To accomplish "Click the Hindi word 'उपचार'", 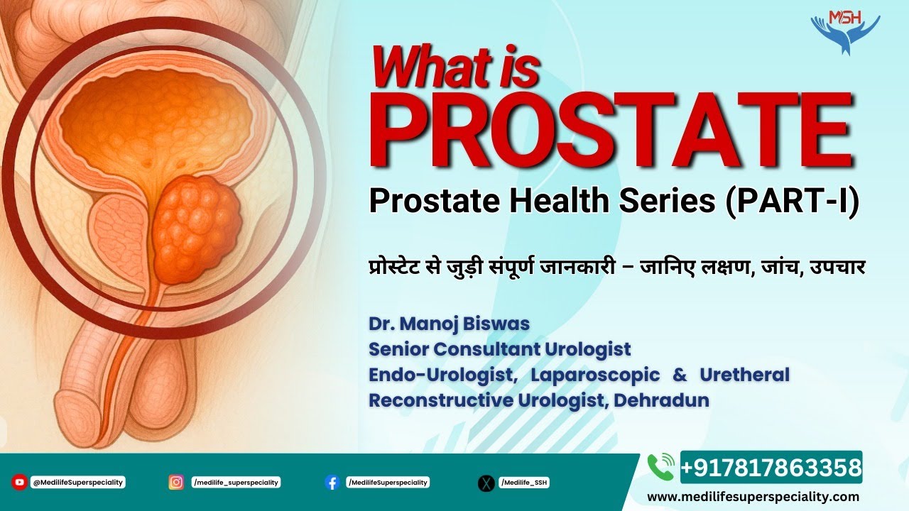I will tap(839, 270).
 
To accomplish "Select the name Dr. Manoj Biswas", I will tap(449, 324).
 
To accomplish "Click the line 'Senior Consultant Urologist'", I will tap(499, 349).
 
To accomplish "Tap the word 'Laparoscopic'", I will tap(595, 375).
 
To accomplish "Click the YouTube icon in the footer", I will tap(19, 483).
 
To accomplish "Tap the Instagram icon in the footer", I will tap(176, 483).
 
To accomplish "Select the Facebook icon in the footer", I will tap(332, 483).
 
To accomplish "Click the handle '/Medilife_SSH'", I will tap(524, 483).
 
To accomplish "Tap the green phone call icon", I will tap(660, 467).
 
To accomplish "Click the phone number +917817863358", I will tap(771, 468).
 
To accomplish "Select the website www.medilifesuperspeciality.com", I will tap(753, 497).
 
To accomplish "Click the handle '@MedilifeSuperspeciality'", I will tap(78, 483).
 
